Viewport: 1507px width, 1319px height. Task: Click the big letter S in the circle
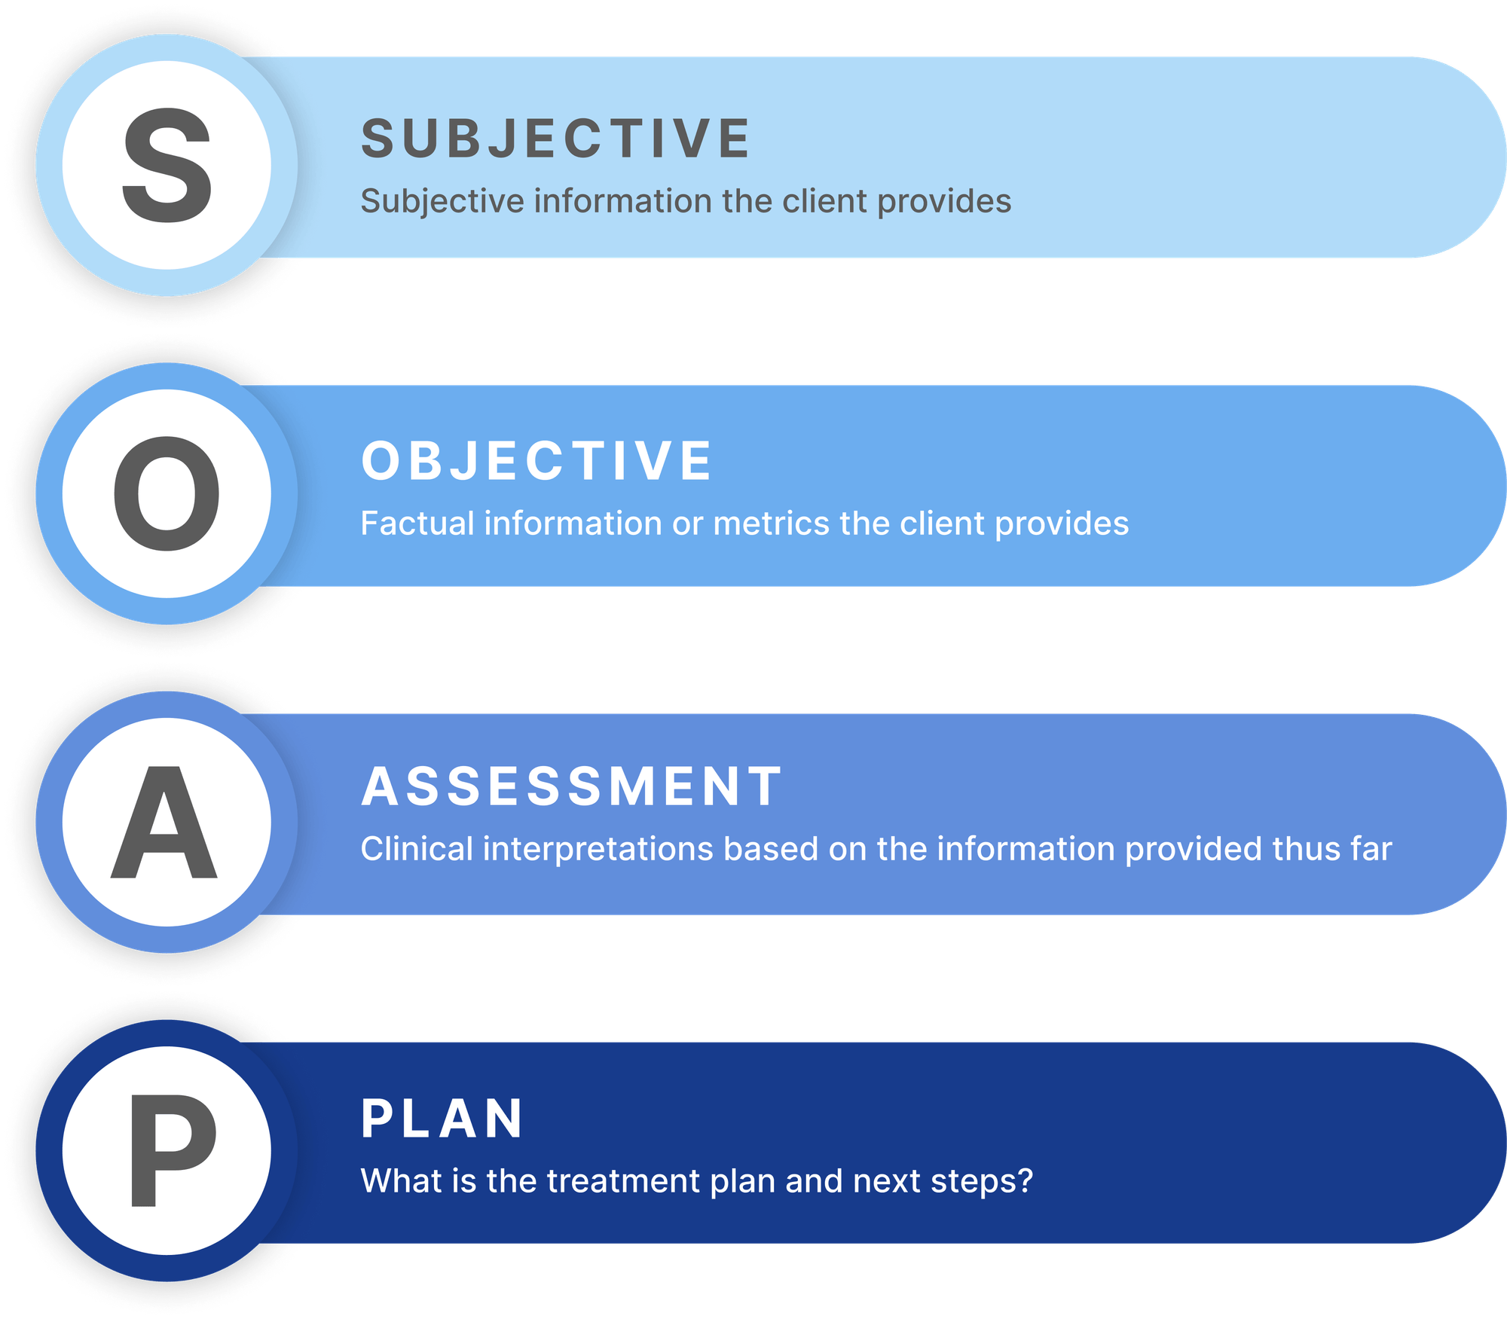(x=167, y=165)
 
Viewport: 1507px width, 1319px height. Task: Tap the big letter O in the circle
(x=167, y=494)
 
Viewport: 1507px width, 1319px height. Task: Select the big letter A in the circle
(x=164, y=823)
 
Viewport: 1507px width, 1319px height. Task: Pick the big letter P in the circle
(x=173, y=1150)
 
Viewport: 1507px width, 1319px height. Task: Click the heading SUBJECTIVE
(x=555, y=139)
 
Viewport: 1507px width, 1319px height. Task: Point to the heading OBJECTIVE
(x=536, y=461)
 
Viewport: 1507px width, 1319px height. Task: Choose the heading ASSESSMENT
(x=572, y=786)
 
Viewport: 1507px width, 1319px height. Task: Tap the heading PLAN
(x=442, y=1119)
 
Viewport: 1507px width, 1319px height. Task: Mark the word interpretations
(x=598, y=850)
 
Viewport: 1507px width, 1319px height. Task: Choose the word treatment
(x=623, y=1181)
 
